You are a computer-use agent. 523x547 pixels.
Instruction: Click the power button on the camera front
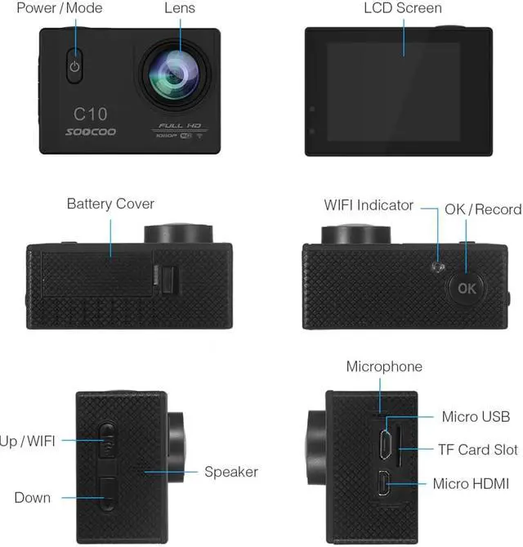pos(75,67)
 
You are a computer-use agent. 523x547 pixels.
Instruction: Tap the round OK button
pos(466,287)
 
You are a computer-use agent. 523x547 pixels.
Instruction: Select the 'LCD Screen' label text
pos(402,9)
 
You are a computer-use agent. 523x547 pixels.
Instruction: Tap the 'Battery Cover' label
pos(110,204)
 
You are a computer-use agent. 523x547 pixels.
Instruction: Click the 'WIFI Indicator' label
pos(369,206)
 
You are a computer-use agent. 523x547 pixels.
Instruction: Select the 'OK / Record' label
pos(483,210)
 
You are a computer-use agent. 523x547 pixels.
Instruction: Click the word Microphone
pos(384,366)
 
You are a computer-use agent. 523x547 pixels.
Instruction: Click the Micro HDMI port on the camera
pos(382,485)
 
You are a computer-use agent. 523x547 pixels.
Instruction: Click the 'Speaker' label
pos(231,472)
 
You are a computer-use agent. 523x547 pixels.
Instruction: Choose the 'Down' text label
pos(32,498)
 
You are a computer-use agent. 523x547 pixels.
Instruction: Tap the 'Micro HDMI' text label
pos(471,485)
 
